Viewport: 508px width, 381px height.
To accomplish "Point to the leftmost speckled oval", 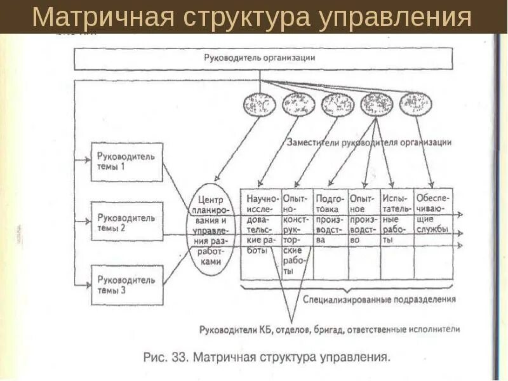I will [259, 104].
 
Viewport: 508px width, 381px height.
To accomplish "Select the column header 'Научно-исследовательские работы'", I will [260, 222].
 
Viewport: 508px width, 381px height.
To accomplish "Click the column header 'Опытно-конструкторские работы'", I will [296, 232].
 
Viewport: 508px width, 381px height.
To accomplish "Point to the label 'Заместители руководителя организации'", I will [369, 142].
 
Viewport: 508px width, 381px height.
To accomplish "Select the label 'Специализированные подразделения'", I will [379, 298].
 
